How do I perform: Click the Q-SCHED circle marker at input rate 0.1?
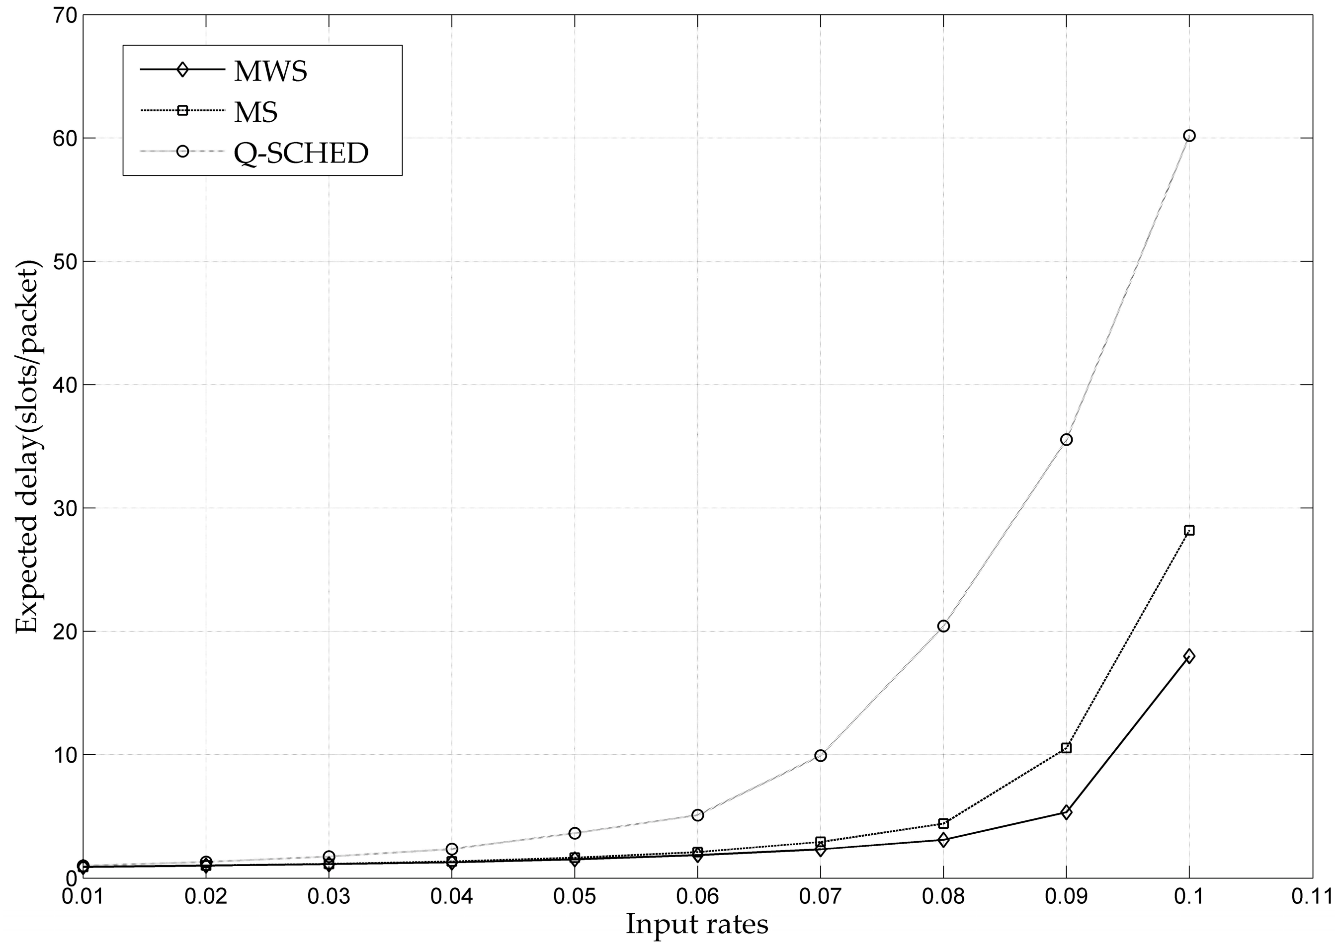[1189, 136]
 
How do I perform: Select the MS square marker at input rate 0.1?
[1189, 531]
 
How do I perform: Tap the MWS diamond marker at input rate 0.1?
[1189, 656]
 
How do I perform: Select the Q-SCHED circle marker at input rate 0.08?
[943, 626]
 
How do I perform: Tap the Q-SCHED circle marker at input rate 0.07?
[821, 756]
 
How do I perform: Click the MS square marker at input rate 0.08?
[943, 824]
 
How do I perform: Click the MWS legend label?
[270, 72]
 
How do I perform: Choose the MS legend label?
[255, 112]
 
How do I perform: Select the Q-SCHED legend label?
[301, 153]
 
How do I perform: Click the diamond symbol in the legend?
[182, 70]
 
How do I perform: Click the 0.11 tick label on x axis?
[1312, 897]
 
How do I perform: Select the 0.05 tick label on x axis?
[575, 897]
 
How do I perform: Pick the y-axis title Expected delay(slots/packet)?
[27, 447]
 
